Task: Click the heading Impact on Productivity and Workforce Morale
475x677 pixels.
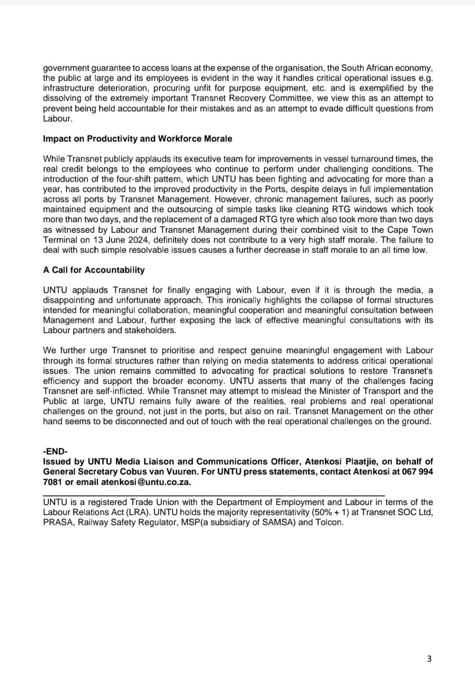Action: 137,139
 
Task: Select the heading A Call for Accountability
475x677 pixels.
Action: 94,270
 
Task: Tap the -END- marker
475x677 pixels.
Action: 55,451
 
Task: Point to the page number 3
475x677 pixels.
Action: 429,659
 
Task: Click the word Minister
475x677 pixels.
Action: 332,391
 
